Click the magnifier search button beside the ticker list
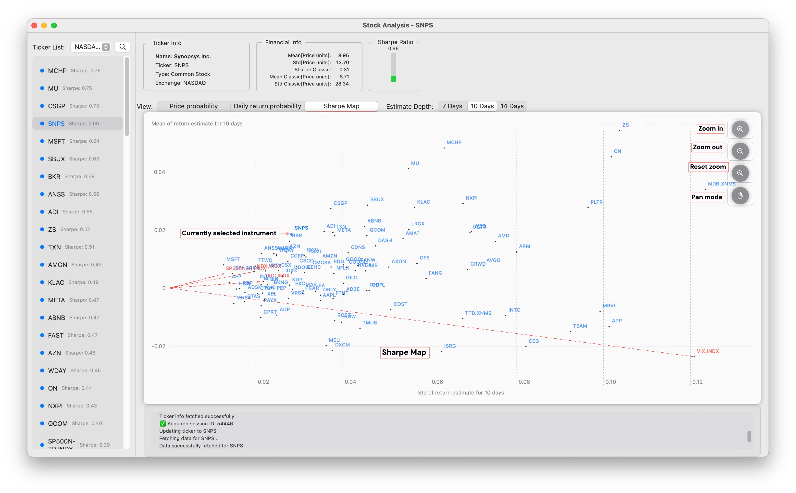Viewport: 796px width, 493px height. click(123, 47)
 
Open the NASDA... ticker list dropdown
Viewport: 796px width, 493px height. click(91, 47)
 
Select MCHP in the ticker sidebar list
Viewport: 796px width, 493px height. click(57, 71)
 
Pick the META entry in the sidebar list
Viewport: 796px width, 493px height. click(56, 300)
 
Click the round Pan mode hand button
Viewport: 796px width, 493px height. click(740, 196)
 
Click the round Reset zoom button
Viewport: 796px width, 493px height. click(740, 173)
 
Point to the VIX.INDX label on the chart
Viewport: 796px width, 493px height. click(708, 351)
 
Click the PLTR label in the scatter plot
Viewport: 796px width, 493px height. click(597, 202)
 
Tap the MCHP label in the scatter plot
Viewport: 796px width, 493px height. click(454, 143)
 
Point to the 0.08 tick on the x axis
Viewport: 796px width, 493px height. click(524, 382)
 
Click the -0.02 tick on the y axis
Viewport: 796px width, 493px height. click(159, 346)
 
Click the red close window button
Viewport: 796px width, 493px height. click(35, 25)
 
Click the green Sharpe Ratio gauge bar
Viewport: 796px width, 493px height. click(394, 79)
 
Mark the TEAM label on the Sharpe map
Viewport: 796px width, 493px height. click(580, 326)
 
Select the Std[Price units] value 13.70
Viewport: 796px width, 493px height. click(342, 62)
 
